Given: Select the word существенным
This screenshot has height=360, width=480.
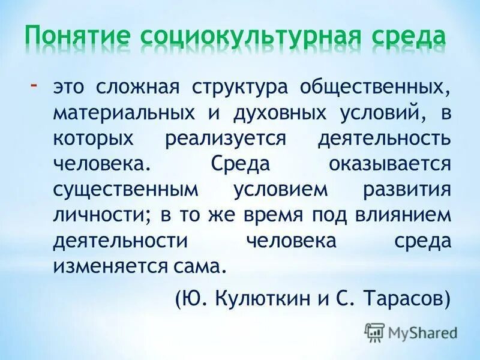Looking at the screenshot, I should (125, 190).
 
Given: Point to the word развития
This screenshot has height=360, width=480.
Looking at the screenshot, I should (406, 190).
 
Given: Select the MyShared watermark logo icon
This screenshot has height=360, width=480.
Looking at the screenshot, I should (374, 332).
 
